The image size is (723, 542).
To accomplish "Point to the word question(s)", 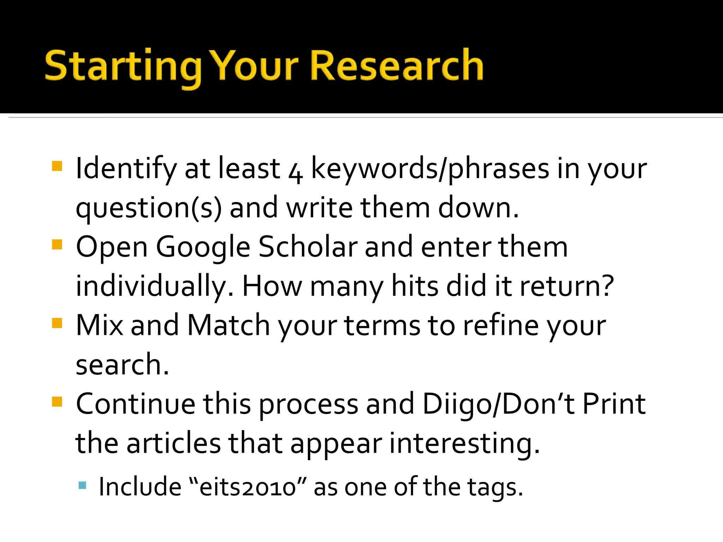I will coord(149,208).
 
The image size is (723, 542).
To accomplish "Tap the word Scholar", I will coord(307,247).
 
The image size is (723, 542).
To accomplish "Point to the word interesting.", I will coord(465,444).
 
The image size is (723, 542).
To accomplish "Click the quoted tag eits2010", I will coord(247,487).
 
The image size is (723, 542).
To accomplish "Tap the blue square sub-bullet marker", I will coord(82,485).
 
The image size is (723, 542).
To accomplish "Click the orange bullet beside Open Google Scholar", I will coord(57,245).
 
